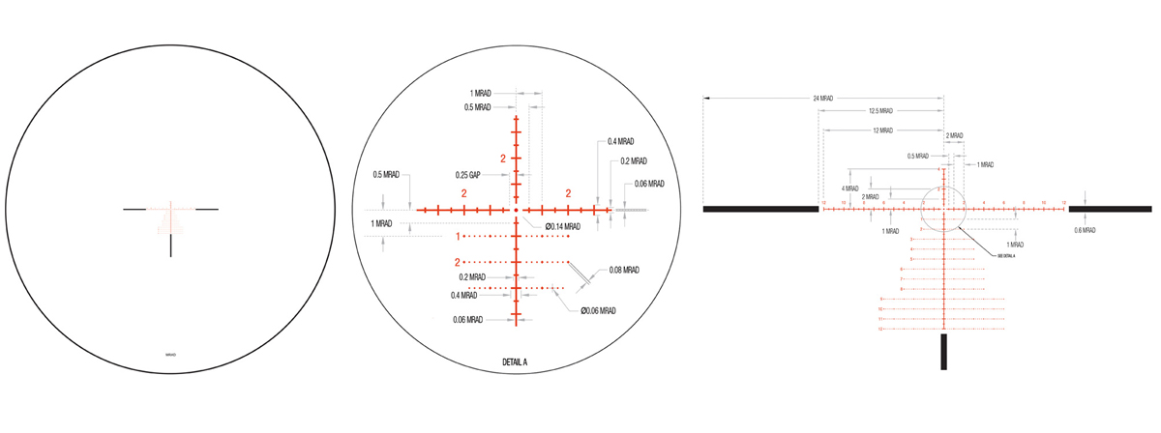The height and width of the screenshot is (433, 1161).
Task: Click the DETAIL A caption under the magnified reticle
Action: (x=515, y=361)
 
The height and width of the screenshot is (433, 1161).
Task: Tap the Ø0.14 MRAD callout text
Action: (x=562, y=226)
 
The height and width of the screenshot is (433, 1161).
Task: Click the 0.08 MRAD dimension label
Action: (x=624, y=270)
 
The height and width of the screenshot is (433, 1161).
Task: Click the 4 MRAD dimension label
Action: (x=850, y=188)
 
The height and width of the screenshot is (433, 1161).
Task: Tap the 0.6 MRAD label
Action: (x=1086, y=230)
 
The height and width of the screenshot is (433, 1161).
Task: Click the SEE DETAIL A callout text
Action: (x=1007, y=256)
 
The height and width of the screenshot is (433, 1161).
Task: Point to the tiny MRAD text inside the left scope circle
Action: (x=171, y=356)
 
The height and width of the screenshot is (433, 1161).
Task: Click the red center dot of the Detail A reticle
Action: (x=517, y=209)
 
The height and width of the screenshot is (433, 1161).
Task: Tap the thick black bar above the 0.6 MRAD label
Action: (x=1110, y=208)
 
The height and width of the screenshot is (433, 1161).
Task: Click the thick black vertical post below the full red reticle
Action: (x=943, y=350)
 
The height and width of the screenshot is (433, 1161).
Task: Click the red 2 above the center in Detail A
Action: (x=503, y=158)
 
